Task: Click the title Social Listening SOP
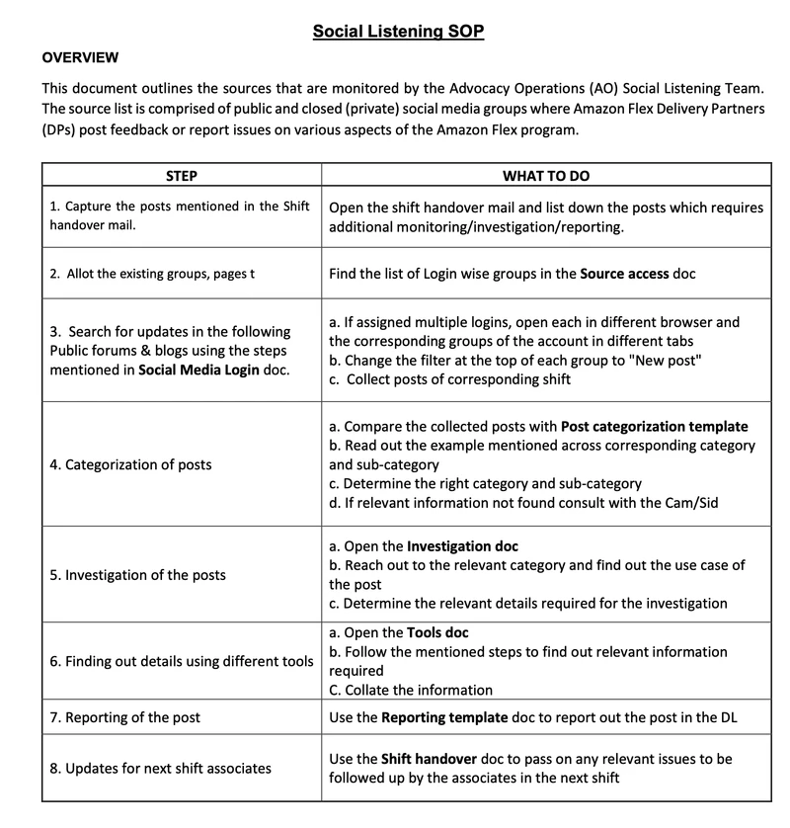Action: (x=398, y=31)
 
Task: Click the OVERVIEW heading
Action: (x=80, y=57)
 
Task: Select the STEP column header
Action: (x=182, y=176)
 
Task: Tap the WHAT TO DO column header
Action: (x=546, y=176)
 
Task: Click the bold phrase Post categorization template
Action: (x=654, y=427)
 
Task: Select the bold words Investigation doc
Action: (x=462, y=546)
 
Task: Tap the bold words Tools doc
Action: (x=437, y=632)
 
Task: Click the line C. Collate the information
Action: (x=411, y=690)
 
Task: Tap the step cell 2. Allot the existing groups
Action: (x=151, y=274)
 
